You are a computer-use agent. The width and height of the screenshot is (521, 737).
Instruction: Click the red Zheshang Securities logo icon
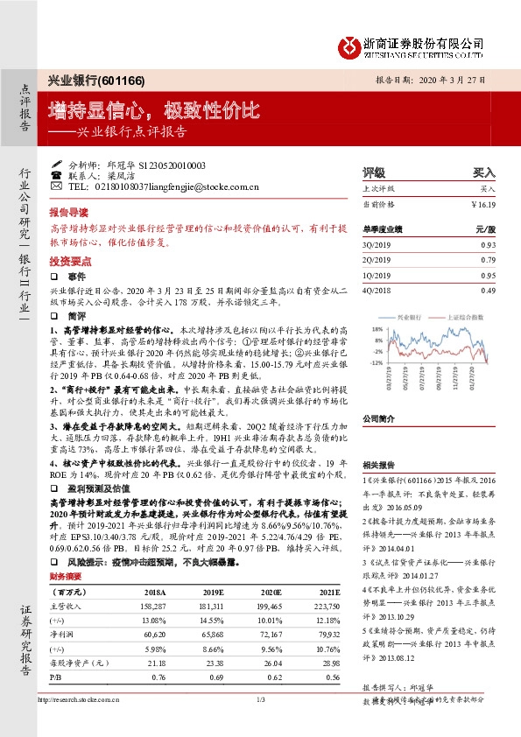point(350,45)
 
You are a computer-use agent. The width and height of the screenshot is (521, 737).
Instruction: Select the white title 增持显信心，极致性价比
point(154,110)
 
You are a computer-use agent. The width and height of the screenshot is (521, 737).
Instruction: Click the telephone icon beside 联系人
point(56,175)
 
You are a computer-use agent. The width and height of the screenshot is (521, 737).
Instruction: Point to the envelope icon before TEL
point(56,186)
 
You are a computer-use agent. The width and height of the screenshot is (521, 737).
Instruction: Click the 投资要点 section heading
point(71,262)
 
